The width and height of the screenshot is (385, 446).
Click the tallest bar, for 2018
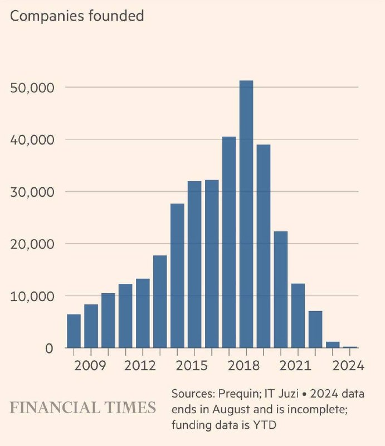(x=246, y=214)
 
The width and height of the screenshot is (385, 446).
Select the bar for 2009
(x=91, y=326)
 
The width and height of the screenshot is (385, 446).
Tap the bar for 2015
(x=194, y=264)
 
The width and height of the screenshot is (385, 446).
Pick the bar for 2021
(x=298, y=316)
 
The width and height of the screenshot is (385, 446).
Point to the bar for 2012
(x=143, y=313)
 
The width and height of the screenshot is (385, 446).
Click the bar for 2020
(x=281, y=289)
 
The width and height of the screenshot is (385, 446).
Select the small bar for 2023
(x=333, y=345)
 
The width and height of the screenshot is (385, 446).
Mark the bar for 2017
(x=229, y=242)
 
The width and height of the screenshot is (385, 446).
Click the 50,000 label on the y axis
(x=32, y=88)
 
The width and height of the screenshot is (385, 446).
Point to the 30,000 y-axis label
(x=32, y=192)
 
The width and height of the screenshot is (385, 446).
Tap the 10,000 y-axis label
(x=32, y=297)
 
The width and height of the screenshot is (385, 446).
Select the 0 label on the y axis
(x=49, y=348)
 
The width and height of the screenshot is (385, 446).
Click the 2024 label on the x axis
(x=348, y=366)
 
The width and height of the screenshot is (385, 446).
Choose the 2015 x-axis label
(x=192, y=366)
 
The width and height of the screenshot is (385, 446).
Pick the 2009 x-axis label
(x=90, y=366)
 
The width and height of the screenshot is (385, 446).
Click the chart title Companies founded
(x=77, y=16)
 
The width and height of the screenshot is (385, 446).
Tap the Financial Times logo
(x=83, y=408)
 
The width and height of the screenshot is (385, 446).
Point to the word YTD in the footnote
(x=265, y=425)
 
